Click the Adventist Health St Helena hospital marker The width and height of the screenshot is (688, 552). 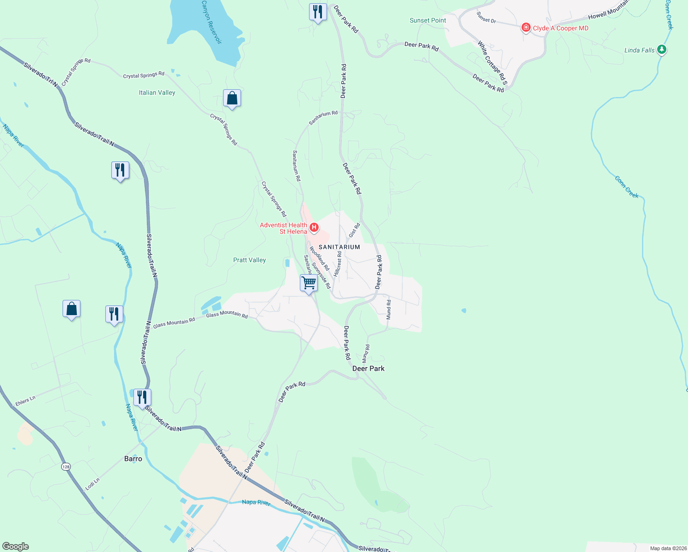(314, 227)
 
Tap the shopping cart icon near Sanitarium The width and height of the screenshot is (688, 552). (309, 282)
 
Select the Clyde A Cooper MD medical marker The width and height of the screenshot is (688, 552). (526, 28)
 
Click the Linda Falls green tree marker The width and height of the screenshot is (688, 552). (662, 49)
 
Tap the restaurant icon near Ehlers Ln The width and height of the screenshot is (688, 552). (142, 397)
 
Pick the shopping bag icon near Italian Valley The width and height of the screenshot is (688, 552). (232, 98)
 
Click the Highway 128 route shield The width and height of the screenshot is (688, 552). (66, 466)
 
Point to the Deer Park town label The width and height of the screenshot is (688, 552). (368, 368)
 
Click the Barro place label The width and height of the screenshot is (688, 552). (133, 459)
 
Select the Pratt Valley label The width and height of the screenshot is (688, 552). (249, 260)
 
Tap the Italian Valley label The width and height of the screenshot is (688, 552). (157, 92)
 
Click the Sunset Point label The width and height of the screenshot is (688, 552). (428, 20)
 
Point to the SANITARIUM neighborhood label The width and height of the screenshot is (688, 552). (339, 247)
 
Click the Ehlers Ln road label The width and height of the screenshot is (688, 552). (25, 401)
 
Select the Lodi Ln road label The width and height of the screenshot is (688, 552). (92, 484)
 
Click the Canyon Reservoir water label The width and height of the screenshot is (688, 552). (212, 22)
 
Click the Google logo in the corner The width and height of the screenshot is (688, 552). (15, 546)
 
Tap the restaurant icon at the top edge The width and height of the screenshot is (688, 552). (317, 11)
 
